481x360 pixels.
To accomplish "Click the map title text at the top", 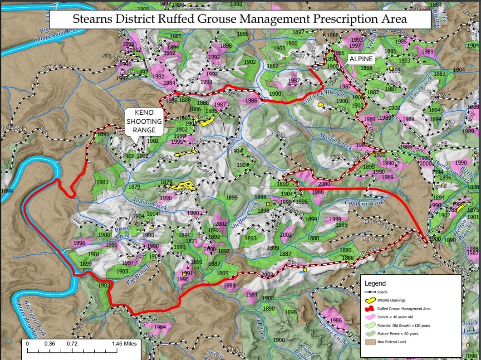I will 240,19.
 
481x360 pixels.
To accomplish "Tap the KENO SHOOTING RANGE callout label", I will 144,121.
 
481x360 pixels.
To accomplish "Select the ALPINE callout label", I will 361,59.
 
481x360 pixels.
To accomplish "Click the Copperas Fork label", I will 364,202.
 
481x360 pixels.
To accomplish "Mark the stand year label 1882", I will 272,66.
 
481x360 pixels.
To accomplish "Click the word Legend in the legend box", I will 375,283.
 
